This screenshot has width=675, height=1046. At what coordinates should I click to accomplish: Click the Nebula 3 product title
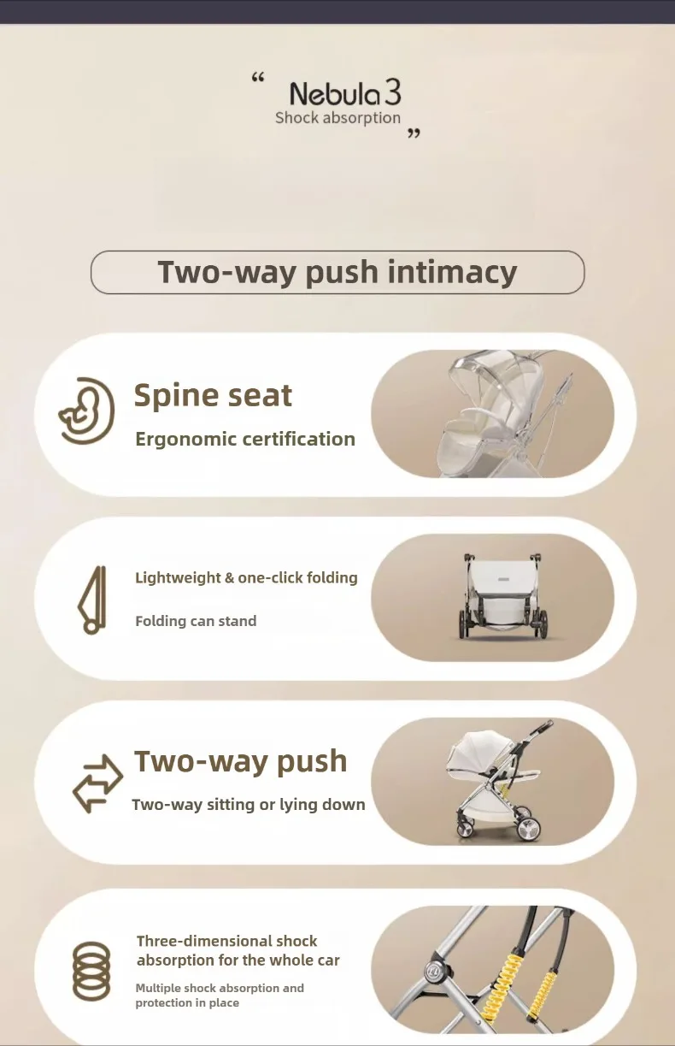coord(345,92)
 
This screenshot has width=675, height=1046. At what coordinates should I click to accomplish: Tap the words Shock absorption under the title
coord(337,118)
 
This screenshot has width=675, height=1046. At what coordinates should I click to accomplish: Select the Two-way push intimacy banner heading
coord(337,272)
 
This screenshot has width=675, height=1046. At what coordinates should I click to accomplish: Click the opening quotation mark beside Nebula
coord(258,78)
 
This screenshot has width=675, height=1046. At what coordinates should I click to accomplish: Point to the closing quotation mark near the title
coord(414,133)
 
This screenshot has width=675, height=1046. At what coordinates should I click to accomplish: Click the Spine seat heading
coord(214,395)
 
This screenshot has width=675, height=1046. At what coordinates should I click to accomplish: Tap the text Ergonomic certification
coord(245,439)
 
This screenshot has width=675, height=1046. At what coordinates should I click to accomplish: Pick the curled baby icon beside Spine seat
coord(87,411)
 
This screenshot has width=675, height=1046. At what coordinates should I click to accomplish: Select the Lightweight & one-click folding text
coord(246,577)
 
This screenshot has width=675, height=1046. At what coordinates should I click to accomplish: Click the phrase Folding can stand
coord(196,621)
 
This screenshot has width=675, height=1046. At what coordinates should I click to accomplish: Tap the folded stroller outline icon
coord(92,600)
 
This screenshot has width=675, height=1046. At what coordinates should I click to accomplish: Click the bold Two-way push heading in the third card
coord(241,761)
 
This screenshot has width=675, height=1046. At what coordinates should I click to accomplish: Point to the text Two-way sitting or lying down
coord(249,805)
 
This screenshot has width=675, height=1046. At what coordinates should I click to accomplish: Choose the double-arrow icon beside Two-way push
coord(98,783)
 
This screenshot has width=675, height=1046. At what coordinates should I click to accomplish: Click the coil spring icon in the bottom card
coord(92,972)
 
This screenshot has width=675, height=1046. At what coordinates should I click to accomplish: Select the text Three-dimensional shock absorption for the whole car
coord(238,950)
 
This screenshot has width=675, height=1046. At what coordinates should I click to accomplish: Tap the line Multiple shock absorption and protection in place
coord(220,995)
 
